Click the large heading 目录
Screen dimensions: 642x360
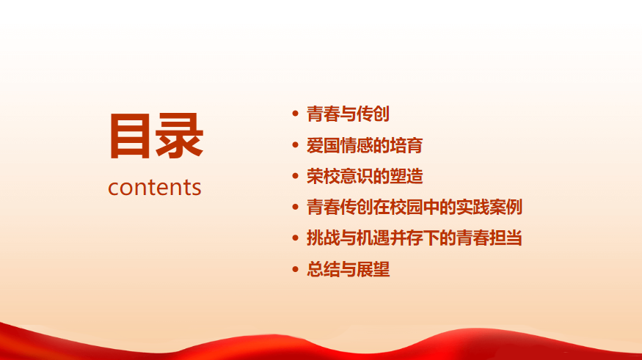[156, 136]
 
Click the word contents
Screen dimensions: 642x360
[155, 188]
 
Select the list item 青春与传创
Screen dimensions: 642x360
[348, 114]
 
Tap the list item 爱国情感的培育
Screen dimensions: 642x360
[365, 145]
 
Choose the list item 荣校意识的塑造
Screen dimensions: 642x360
[365, 176]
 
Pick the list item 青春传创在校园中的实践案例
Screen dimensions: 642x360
[415, 207]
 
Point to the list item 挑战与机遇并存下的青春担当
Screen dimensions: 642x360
[415, 238]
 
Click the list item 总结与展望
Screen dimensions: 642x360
[348, 269]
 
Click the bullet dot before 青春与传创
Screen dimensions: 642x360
[295, 114]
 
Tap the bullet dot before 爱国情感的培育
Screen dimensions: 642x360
[295, 145]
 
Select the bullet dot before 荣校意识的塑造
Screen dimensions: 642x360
[295, 176]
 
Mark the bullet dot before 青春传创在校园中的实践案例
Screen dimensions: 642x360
[295, 207]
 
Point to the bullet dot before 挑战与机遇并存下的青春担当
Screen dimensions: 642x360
[295, 238]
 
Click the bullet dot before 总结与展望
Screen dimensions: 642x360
[295, 269]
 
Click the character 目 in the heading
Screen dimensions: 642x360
[130, 136]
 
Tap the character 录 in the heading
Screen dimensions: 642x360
[179, 136]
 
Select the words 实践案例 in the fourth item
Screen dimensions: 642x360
[489, 207]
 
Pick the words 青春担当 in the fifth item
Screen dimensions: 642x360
[489, 238]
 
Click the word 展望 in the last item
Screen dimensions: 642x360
[373, 269]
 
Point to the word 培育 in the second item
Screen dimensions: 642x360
[406, 145]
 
